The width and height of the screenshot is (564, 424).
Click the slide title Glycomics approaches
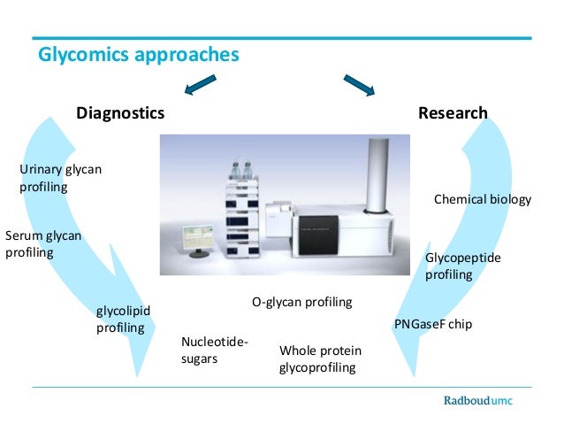[x=138, y=55]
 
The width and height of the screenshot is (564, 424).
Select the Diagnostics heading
[x=120, y=113]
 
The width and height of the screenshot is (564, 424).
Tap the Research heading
[x=453, y=113]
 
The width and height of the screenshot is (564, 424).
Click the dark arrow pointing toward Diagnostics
[x=201, y=85]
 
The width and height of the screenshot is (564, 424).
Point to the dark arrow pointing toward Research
[x=358, y=85]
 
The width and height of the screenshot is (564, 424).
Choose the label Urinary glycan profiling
[x=60, y=178]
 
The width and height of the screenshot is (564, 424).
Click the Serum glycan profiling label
[x=42, y=243]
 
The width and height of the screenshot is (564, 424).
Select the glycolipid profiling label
[x=123, y=319]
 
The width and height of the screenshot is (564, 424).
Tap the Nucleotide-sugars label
[x=214, y=351]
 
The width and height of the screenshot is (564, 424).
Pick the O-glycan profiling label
[x=301, y=303]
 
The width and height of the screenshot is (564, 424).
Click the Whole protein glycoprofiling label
[x=320, y=358]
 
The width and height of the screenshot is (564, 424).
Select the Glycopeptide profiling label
[x=462, y=266]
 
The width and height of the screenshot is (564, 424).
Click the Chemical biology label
[x=483, y=199]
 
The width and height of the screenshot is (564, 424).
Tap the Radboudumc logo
[x=477, y=401]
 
